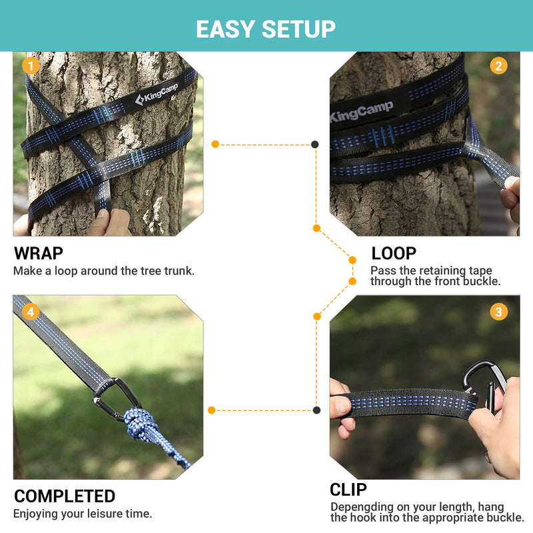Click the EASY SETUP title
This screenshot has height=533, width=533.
tap(266, 29)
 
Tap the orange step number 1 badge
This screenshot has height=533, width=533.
tap(29, 65)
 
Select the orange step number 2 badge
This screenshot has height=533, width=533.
tap(498, 65)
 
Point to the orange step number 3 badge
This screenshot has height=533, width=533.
tap(498, 311)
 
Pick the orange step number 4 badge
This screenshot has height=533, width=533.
tap(29, 311)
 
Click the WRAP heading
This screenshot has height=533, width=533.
tap(39, 254)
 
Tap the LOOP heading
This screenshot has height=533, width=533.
tap(394, 254)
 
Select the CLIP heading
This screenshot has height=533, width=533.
tap(348, 490)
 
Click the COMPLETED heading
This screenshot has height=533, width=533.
tap(65, 496)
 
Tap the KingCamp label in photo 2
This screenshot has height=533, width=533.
tap(362, 111)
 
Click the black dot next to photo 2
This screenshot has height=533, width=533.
tap(314, 144)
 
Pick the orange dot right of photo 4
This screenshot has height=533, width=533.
tap(212, 410)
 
